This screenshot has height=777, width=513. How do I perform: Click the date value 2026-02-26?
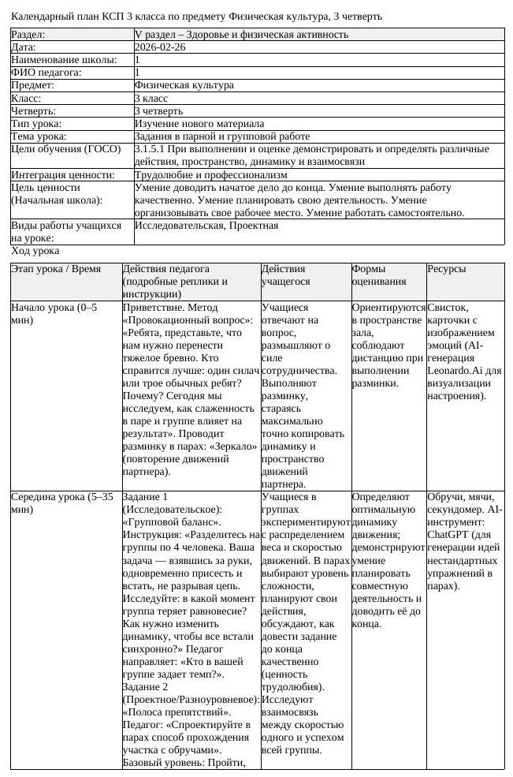(x=160, y=47)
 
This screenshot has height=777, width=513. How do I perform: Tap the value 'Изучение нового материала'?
(x=199, y=124)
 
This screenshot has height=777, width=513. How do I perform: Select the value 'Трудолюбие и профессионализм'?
(x=210, y=175)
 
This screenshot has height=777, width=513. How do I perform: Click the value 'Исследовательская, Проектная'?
(x=206, y=226)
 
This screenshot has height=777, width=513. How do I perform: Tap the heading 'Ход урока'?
(x=35, y=251)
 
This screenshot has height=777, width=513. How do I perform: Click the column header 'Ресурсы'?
(x=446, y=269)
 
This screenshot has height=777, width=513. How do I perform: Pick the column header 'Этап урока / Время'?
(x=56, y=269)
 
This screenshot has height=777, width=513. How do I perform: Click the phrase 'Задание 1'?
(x=146, y=497)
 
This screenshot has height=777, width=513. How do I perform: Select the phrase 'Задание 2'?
(x=146, y=686)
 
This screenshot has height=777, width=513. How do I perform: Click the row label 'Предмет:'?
(x=32, y=85)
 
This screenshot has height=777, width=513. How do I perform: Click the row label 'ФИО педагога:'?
(x=46, y=73)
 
